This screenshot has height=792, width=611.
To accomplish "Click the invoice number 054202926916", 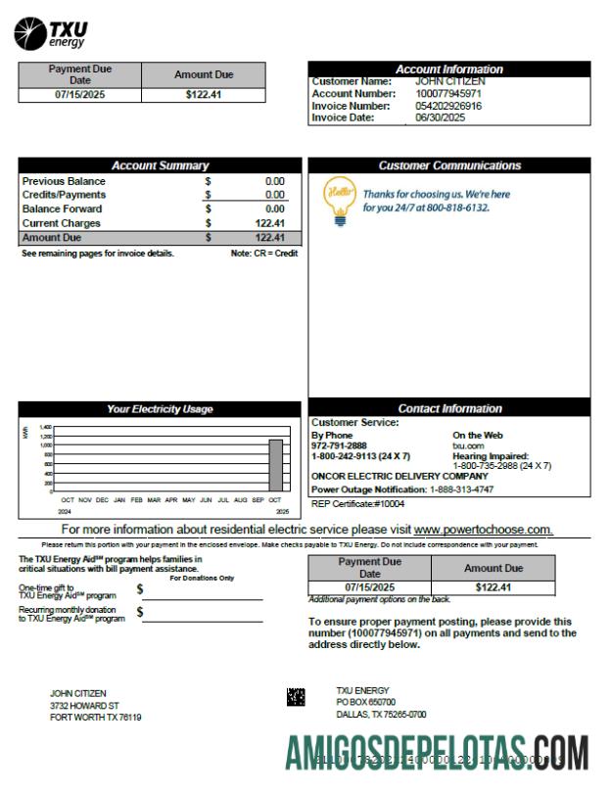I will click(x=448, y=106).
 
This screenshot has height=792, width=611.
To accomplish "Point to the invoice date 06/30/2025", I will click(x=440, y=117).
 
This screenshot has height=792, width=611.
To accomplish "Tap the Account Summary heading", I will click(x=160, y=165).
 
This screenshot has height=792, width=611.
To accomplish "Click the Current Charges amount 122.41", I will click(x=269, y=223).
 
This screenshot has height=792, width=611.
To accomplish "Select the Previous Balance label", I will click(x=64, y=181).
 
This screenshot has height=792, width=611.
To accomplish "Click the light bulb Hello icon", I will click(x=339, y=200).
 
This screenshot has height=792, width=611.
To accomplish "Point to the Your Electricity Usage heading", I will click(x=160, y=408).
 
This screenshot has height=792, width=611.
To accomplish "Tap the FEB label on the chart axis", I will click(x=136, y=499).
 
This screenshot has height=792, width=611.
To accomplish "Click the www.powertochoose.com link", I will click(x=483, y=530).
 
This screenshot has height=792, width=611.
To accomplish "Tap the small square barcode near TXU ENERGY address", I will click(x=295, y=697).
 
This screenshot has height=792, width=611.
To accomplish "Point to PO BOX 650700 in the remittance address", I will click(x=365, y=702).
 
